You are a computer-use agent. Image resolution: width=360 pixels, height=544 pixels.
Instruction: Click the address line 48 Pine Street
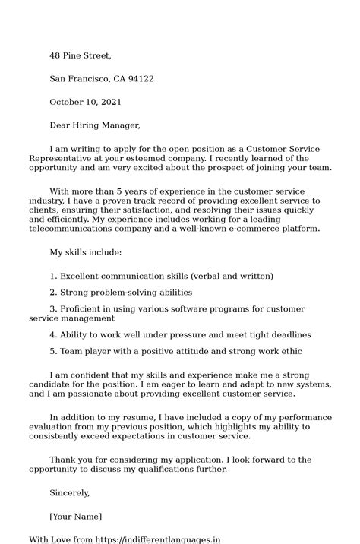(81, 55)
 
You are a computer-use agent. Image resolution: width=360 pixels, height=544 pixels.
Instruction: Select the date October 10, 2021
(85, 102)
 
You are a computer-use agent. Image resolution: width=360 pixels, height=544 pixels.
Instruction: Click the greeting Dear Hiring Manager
(95, 125)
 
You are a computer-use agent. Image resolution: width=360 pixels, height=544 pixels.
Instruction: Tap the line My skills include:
(85, 251)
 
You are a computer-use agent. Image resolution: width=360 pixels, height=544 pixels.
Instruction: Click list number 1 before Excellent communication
(52, 276)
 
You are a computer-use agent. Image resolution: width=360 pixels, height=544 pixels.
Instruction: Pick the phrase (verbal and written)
(232, 276)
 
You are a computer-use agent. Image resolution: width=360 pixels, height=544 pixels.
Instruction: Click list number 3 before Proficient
(52, 309)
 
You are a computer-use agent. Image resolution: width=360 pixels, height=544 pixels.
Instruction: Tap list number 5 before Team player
(52, 351)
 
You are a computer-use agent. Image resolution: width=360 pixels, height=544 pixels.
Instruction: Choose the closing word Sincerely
(70, 493)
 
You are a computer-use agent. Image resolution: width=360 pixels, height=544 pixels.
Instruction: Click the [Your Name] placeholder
(75, 517)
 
